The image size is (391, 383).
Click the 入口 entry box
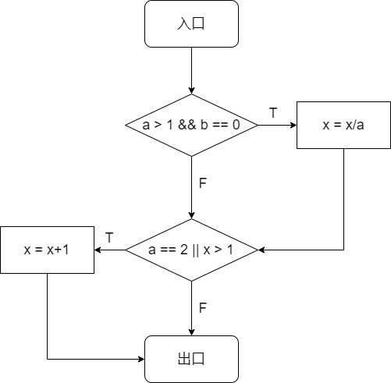pos(191,23)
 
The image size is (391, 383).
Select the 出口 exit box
pos(191,359)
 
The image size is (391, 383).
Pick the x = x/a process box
pos(343,125)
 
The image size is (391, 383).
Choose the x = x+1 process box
pos(47,250)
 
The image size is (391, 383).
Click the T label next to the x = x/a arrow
pos(273,113)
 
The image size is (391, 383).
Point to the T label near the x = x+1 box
pos(109,237)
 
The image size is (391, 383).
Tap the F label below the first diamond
pos(203,184)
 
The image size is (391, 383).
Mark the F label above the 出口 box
pos(203,308)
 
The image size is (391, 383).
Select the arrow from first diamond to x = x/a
pos(277,125)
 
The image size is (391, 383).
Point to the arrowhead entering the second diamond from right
pos(261,250)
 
